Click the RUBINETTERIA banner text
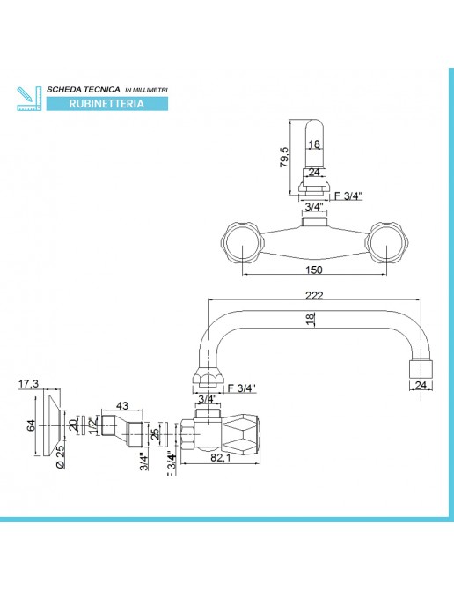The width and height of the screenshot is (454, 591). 106,104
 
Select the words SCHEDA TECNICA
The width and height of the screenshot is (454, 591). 84,89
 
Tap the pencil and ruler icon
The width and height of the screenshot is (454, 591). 29,99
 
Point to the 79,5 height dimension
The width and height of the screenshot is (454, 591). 284,157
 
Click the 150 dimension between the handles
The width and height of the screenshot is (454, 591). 314,270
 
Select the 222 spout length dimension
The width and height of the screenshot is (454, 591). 314,296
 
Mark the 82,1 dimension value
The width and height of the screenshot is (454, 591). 221,458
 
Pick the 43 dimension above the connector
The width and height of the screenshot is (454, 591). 122,405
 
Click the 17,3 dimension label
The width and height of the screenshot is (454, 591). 29,384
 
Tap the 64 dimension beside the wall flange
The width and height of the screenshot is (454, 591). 31,425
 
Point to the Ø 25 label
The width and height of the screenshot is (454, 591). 61,456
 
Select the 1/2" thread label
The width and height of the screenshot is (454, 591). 93,425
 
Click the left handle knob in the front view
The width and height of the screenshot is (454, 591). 240,243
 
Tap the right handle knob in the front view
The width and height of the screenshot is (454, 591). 387,243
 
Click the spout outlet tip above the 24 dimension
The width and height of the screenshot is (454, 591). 421,370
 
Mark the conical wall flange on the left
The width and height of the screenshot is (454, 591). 51,425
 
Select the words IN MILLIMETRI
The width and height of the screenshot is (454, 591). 146,90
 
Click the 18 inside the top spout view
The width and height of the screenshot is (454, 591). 314,144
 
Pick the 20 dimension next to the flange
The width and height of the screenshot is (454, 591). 74,425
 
